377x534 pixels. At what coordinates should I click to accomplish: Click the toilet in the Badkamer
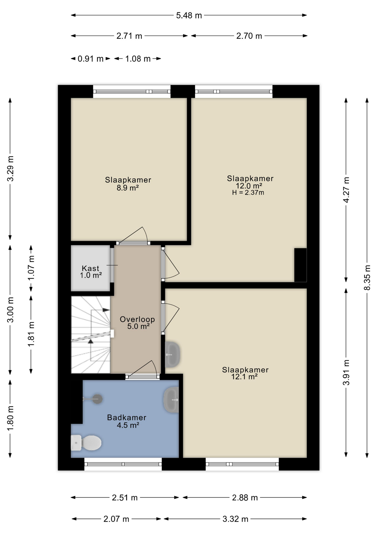[86, 442]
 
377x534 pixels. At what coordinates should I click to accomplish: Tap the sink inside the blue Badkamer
[171, 399]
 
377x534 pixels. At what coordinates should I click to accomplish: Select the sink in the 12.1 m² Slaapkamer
[172, 354]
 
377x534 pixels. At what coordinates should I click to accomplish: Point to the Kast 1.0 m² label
[91, 272]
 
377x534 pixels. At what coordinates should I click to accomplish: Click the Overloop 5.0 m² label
[137, 323]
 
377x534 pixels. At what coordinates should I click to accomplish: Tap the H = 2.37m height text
[248, 192]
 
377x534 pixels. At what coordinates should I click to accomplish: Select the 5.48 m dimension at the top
[189, 15]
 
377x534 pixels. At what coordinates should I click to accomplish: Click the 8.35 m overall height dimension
[367, 278]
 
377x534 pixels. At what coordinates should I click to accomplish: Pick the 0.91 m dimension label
[91, 59]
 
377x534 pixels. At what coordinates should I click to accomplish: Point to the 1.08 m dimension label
[138, 59]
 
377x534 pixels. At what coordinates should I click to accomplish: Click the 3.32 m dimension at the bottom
[235, 519]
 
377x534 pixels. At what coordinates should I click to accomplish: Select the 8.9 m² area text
[128, 188]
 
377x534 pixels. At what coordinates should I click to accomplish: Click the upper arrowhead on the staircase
[106, 310]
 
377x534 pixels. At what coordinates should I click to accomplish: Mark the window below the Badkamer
[123, 464]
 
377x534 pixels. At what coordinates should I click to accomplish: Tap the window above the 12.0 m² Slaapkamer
[234, 92]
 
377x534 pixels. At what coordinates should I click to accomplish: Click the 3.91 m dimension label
[346, 372]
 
